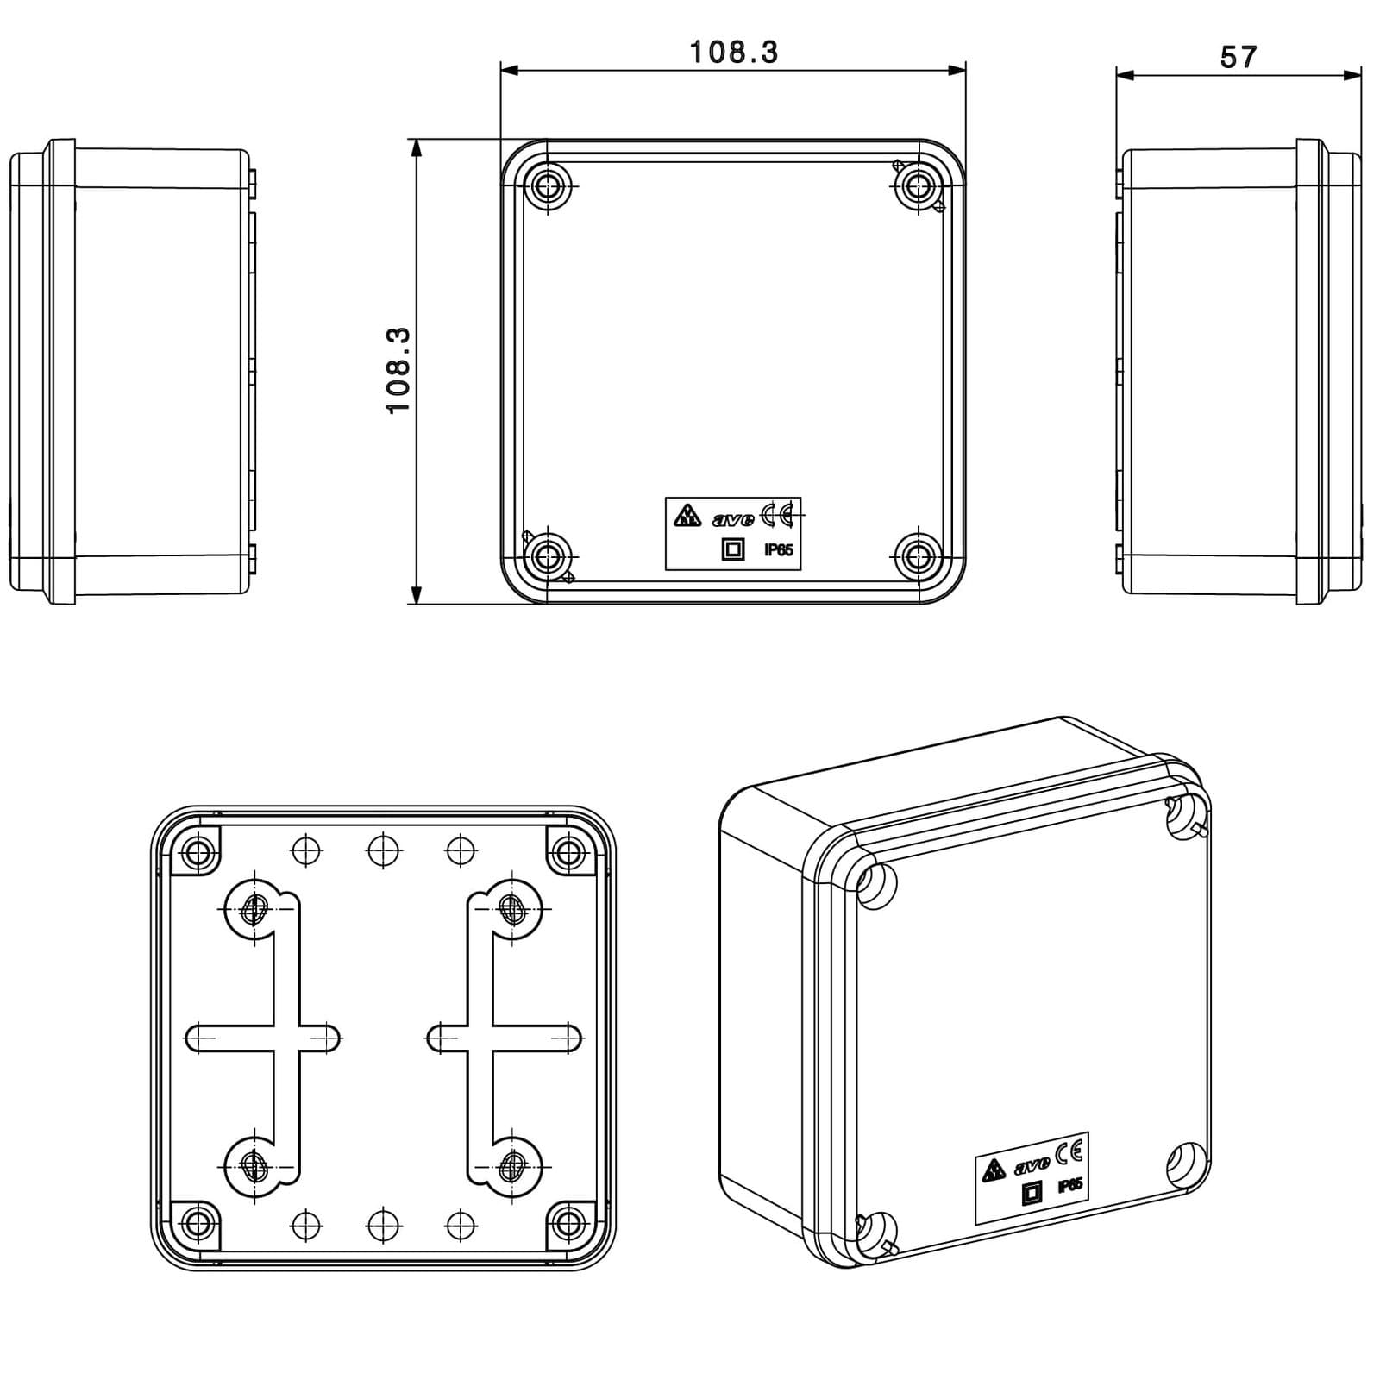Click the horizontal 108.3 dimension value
tap(734, 53)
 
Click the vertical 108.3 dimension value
tap(398, 371)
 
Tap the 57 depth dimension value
tap(1239, 57)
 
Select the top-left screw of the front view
tap(548, 185)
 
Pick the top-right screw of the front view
tap(918, 185)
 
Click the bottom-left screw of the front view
tap(548, 556)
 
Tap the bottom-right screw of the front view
tap(918, 556)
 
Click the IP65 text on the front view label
tap(779, 549)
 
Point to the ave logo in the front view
tap(733, 519)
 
